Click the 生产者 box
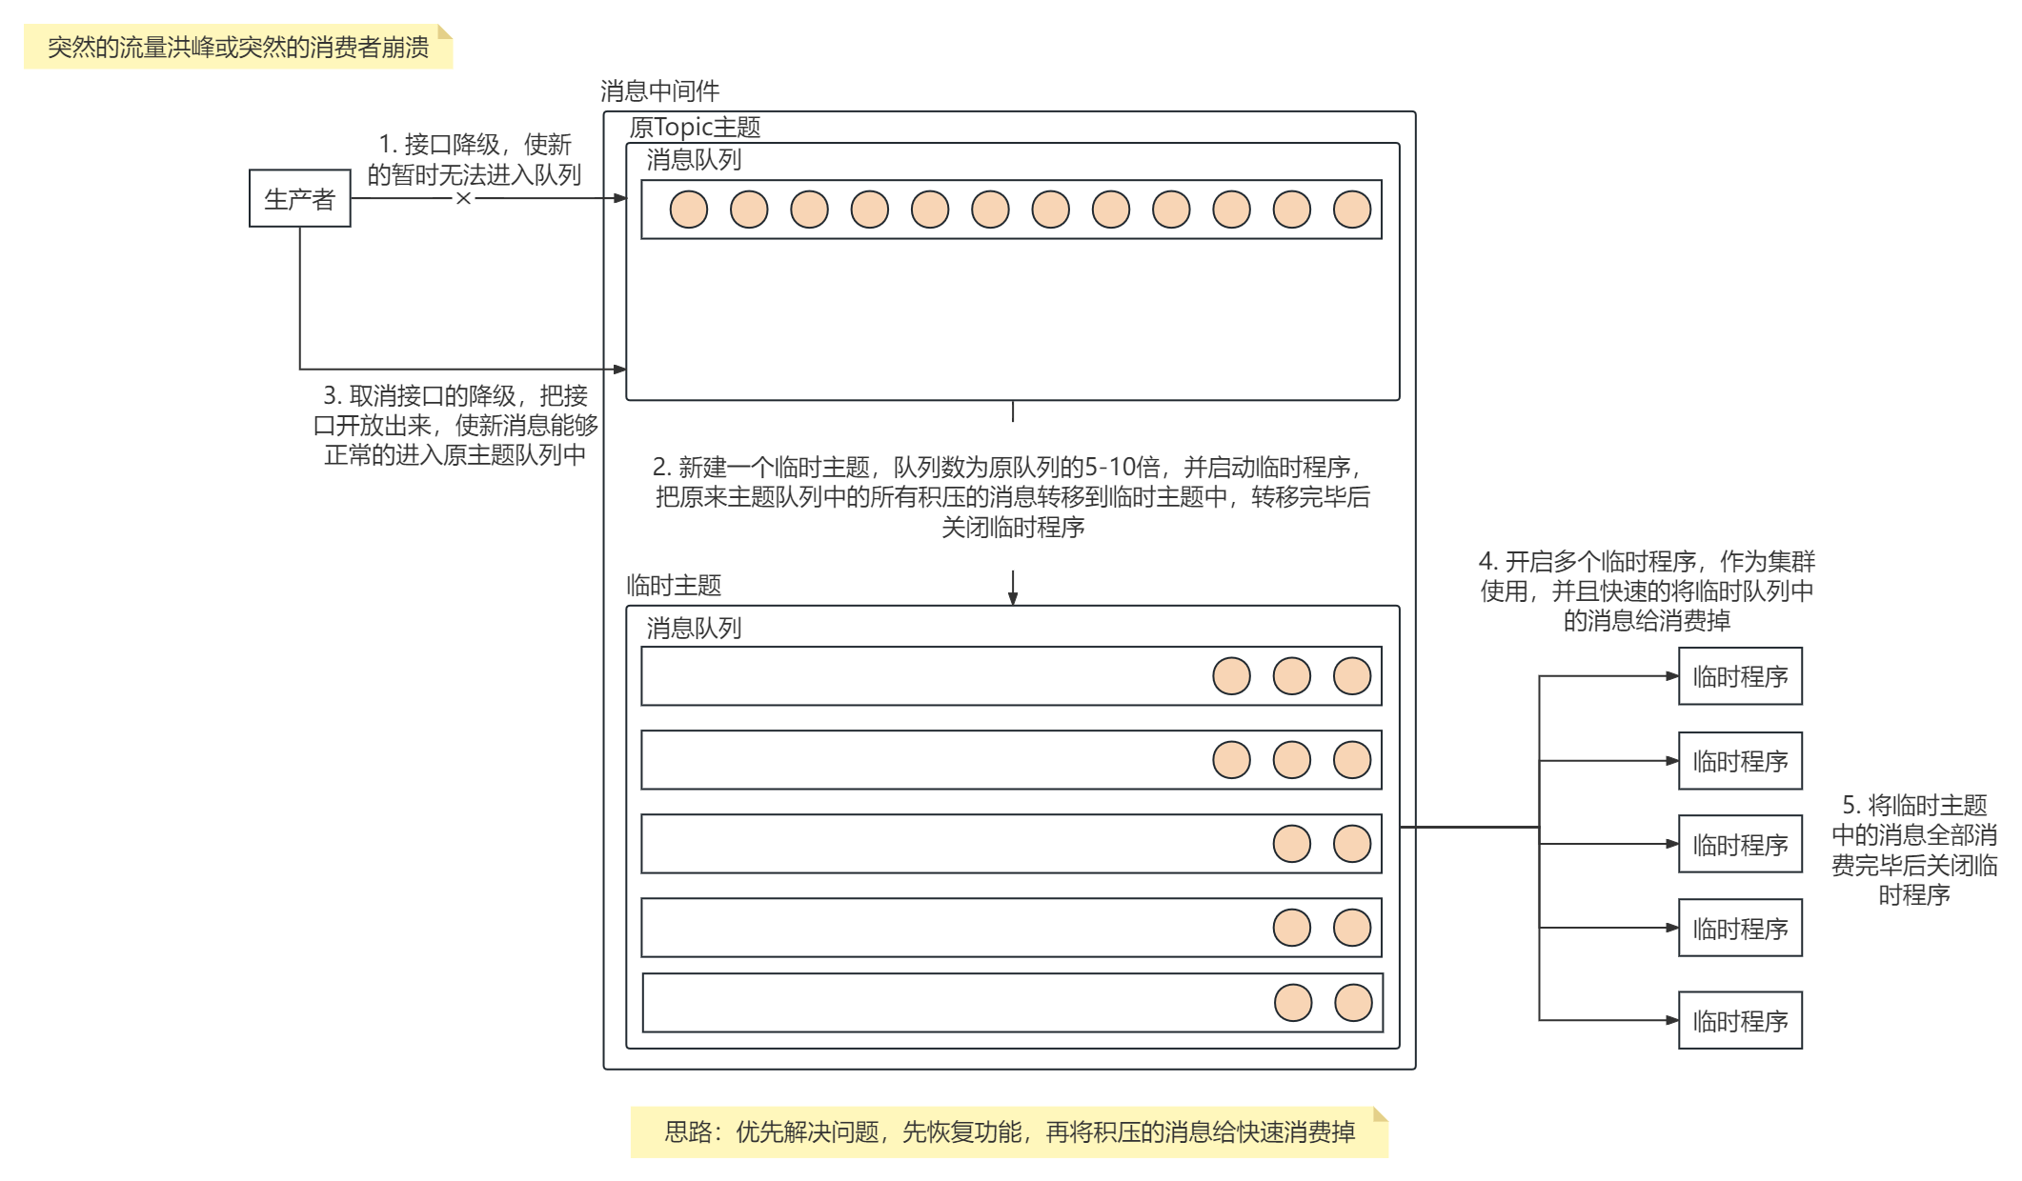pyautogui.click(x=299, y=198)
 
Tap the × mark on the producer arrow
pyautogui.click(x=463, y=198)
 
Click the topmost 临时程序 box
pyautogui.click(x=1739, y=676)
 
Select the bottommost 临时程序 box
pyautogui.click(x=1739, y=1021)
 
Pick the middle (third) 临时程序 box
pyautogui.click(x=1739, y=845)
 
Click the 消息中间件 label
pyautogui.click(x=659, y=91)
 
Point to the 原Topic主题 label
pyautogui.click(x=695, y=127)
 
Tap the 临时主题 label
pyautogui.click(x=674, y=585)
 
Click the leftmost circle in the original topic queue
pyautogui.click(x=688, y=210)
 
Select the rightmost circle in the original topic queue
pyautogui.click(x=1351, y=210)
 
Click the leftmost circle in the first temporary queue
pyautogui.click(x=1231, y=676)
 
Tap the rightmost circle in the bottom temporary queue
pyautogui.click(x=1353, y=1003)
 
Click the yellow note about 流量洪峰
pyautogui.click(x=238, y=47)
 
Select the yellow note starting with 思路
pyautogui.click(x=1009, y=1131)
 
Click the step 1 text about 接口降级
pyautogui.click(x=475, y=159)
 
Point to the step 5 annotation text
pyautogui.click(x=1913, y=850)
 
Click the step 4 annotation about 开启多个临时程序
pyautogui.click(x=1647, y=590)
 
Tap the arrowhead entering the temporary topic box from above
pyautogui.click(x=1013, y=598)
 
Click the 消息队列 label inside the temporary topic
pyautogui.click(x=694, y=628)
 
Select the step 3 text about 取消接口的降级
pyautogui.click(x=455, y=425)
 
